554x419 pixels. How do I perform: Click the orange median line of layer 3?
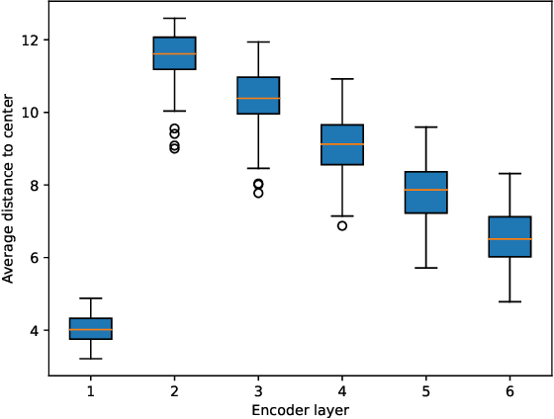[x=258, y=99]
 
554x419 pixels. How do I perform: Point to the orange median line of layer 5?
[x=426, y=190]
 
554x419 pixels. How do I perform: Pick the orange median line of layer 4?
[x=342, y=144]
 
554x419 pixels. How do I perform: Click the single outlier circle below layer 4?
[x=342, y=225]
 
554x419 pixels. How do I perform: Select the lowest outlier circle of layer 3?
[x=258, y=193]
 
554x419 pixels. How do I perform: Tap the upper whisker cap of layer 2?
[x=174, y=19]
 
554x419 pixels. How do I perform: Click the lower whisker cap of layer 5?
[x=426, y=268]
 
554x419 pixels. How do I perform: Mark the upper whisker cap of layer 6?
[x=510, y=174]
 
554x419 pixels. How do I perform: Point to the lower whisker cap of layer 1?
[x=90, y=359]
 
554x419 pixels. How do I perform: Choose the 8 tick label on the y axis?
[x=34, y=186]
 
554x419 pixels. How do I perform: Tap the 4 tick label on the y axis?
[x=34, y=330]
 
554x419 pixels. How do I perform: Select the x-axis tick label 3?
[x=258, y=391]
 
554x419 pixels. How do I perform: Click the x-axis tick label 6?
[x=510, y=391]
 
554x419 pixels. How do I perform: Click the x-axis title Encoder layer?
[x=300, y=409]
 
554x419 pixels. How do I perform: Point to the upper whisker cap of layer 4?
[x=342, y=79]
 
